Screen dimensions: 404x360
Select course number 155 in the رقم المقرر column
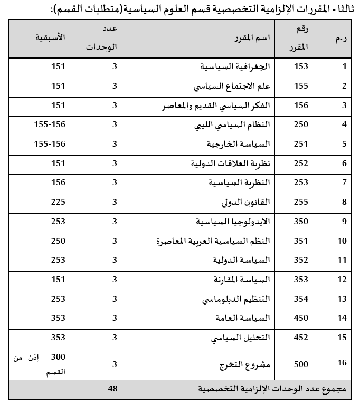pos(301,86)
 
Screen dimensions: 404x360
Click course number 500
pos(301,364)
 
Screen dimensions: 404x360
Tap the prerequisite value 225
pos(58,202)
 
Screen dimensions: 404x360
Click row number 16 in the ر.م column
pos(343,364)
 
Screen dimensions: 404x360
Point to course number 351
pos(301,241)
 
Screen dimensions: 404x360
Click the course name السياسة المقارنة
pos(243,280)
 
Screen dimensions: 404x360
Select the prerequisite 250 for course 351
pos(58,241)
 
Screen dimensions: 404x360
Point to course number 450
pos(301,318)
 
